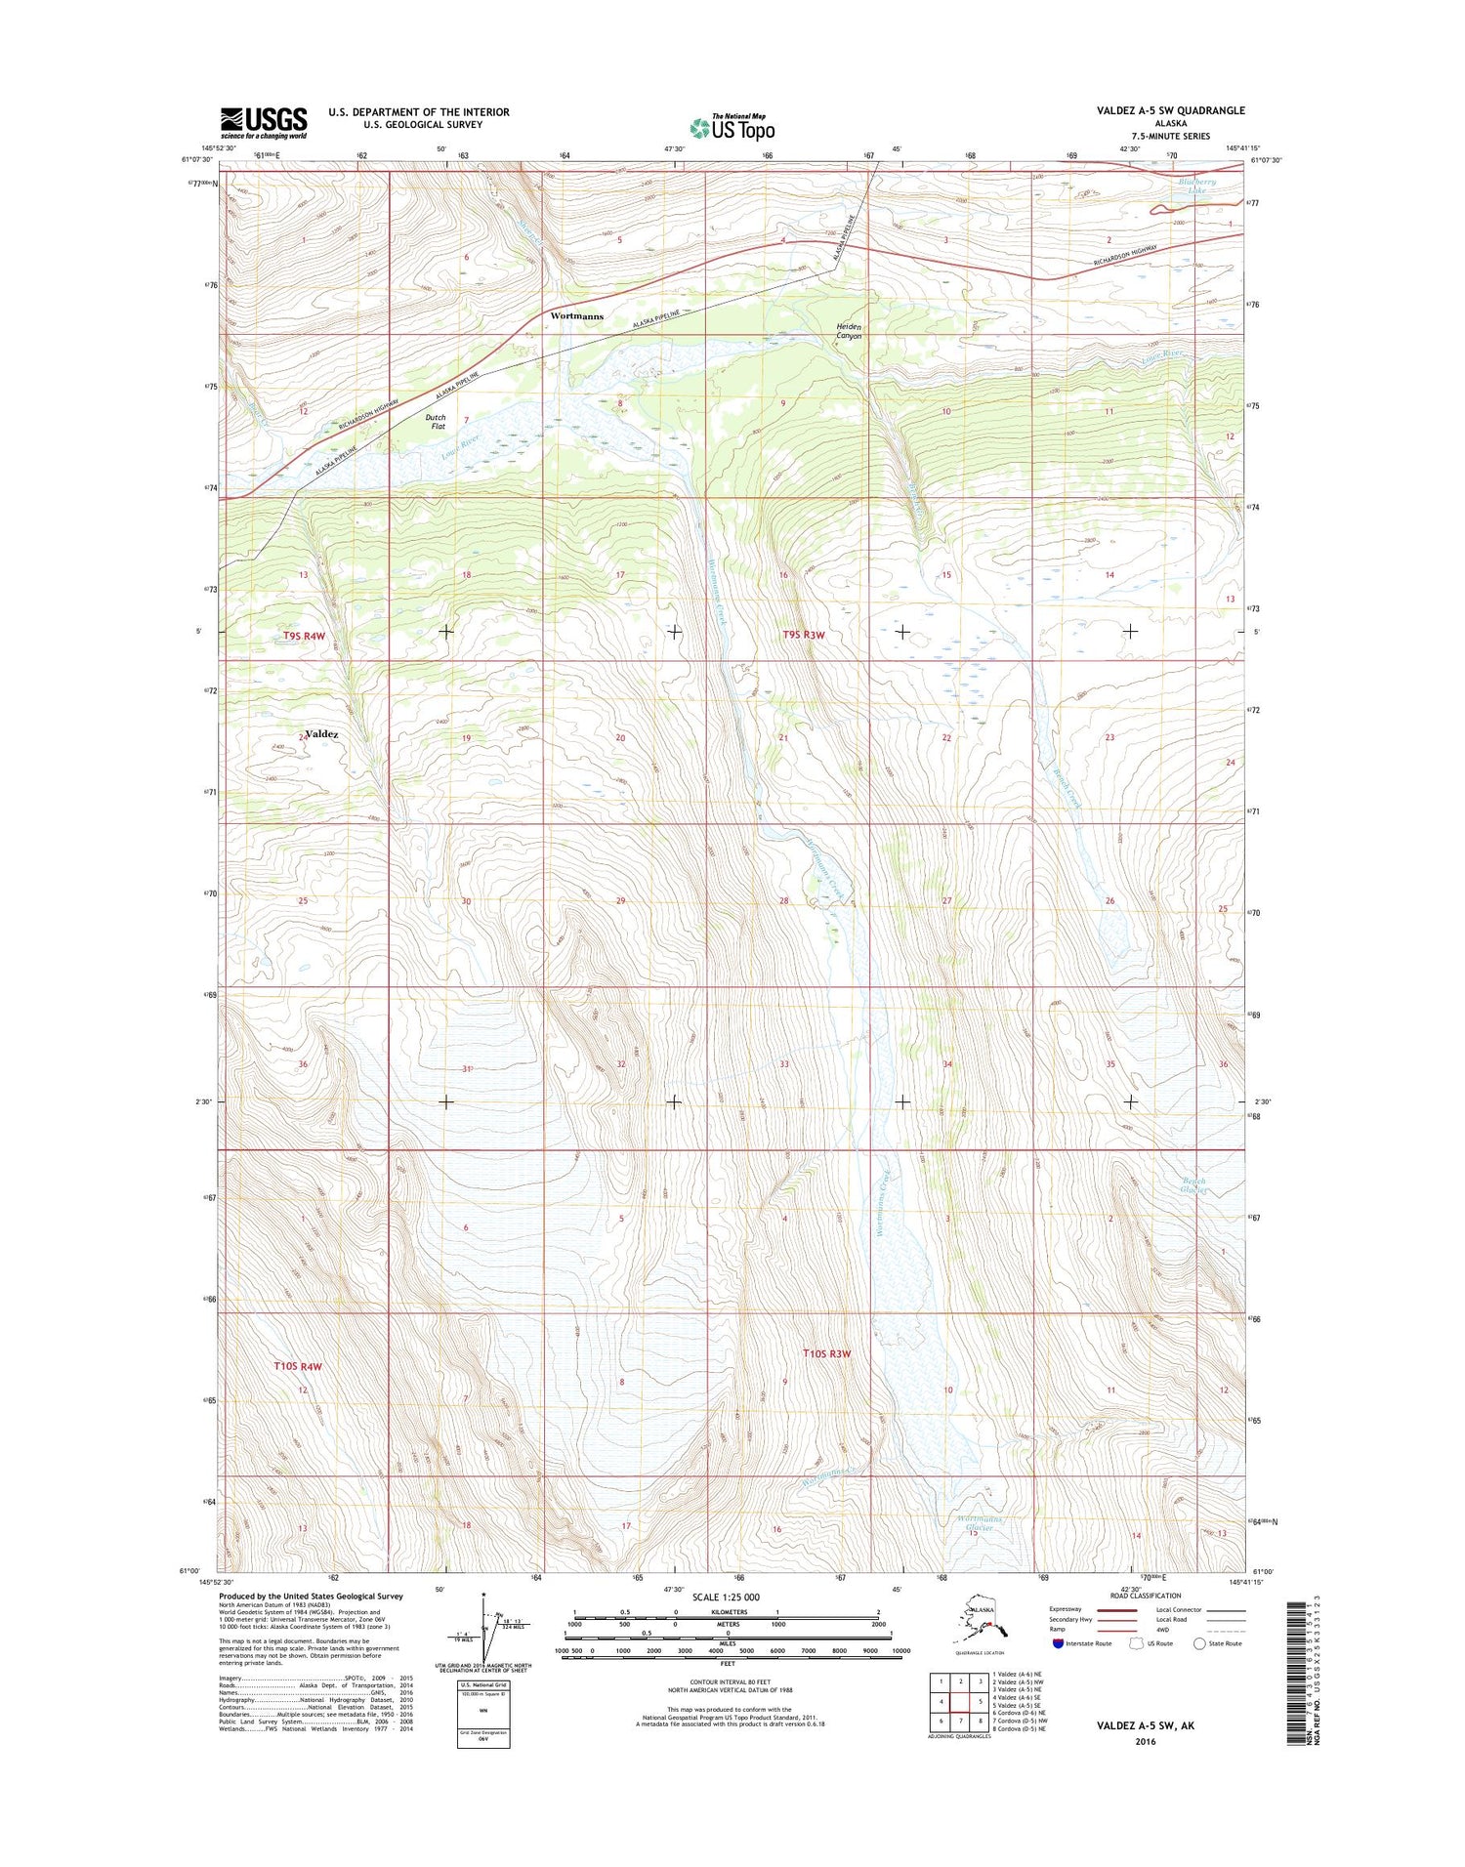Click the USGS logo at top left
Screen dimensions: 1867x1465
pos(263,123)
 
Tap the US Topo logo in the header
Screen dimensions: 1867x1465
pos(732,127)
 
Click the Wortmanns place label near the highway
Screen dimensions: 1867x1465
pos(576,316)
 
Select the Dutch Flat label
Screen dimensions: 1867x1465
pos(436,422)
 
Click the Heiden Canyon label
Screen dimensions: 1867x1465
pos(848,331)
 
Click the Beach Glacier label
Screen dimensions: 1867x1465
pos(1193,1185)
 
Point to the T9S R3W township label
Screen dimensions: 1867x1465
pos(804,636)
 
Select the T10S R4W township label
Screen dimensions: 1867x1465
pos(297,1366)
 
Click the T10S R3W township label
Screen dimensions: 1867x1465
pos(827,1353)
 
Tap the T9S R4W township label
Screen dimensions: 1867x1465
pos(304,636)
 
